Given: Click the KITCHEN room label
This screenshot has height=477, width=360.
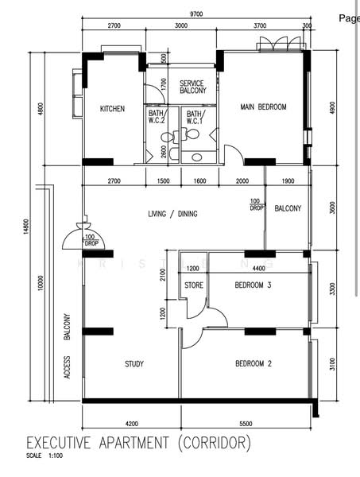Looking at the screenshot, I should tap(112, 109).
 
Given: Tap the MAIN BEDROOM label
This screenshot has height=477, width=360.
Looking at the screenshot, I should tap(263, 107).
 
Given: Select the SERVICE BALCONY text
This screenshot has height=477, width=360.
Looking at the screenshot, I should tap(192, 87).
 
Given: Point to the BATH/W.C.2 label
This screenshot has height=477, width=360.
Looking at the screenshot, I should tap(157, 118).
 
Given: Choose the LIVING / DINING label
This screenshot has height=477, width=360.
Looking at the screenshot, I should tap(172, 214).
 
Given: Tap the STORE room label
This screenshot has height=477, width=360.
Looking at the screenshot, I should tap(194, 285).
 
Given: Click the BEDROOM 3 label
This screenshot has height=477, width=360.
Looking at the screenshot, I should tap(254, 284).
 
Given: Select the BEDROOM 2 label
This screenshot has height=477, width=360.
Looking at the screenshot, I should tap(254, 364).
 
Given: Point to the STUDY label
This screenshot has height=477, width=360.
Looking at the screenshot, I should tap(134, 364).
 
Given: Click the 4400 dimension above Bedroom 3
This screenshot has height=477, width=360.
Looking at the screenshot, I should tap(258, 269).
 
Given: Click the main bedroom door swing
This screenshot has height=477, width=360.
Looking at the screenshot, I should tap(232, 154).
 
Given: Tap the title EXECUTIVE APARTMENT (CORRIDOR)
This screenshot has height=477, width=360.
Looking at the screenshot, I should tap(139, 442).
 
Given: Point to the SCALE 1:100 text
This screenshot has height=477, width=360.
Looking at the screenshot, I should tap(45, 456).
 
